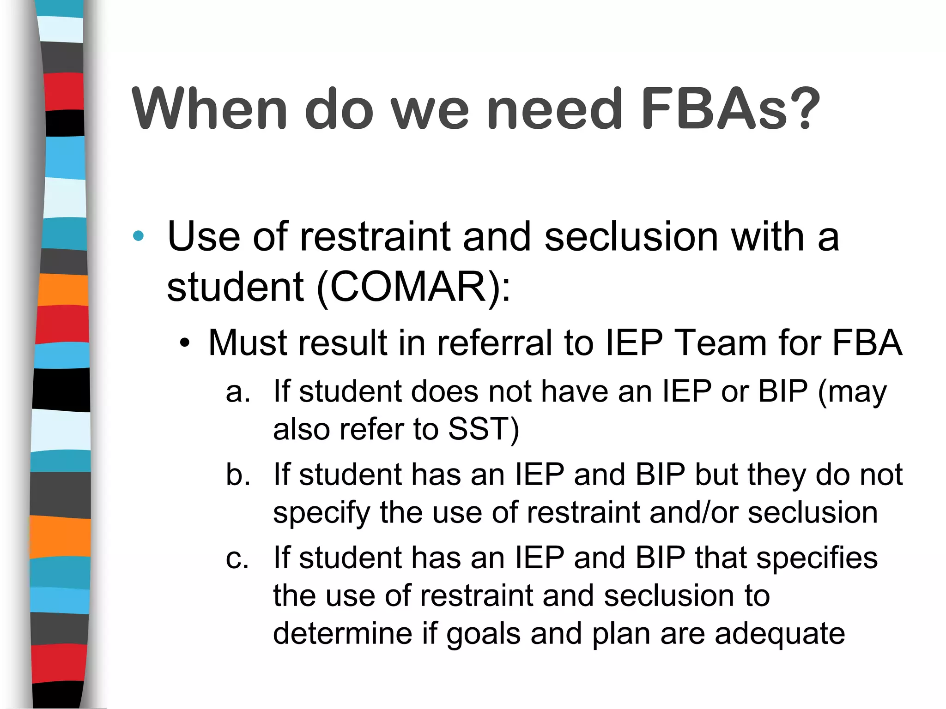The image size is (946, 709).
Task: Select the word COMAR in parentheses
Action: click(408, 287)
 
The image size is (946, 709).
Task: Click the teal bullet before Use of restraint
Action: click(138, 236)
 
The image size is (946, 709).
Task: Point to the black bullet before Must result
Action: click(185, 343)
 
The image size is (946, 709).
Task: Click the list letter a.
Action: click(237, 392)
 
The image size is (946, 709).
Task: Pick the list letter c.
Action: click(237, 558)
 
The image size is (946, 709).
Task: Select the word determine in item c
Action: click(342, 633)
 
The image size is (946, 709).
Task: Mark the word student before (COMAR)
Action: click(235, 287)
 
